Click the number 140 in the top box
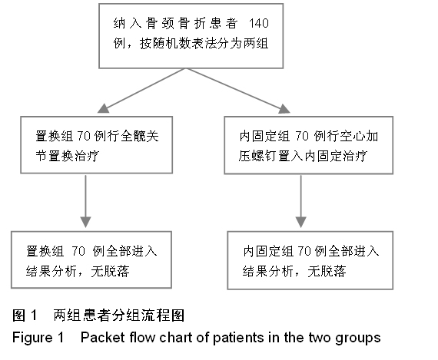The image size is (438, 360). tap(259, 23)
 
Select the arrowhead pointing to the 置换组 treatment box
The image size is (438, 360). tap(104, 108)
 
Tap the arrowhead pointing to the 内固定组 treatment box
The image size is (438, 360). tap(284, 109)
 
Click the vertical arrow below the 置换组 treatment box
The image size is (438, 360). tap(86, 201)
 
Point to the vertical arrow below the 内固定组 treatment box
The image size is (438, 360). tap(301, 201)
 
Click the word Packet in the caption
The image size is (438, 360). tap(102, 338)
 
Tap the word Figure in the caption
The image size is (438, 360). tap(32, 338)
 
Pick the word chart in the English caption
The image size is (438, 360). tap(176, 338)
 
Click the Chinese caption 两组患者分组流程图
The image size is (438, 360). tap(119, 315)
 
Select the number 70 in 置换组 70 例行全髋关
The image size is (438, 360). tap(84, 136)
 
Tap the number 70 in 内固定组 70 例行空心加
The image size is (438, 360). tap(302, 136)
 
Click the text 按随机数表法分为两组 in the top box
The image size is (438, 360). tap(204, 44)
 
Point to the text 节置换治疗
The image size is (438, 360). tap(68, 156)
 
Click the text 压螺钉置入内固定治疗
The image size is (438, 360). tap(303, 156)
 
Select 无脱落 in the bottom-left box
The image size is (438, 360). tap(111, 271)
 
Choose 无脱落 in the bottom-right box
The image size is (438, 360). tap(327, 271)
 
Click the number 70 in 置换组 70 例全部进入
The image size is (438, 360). tap(78, 251)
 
